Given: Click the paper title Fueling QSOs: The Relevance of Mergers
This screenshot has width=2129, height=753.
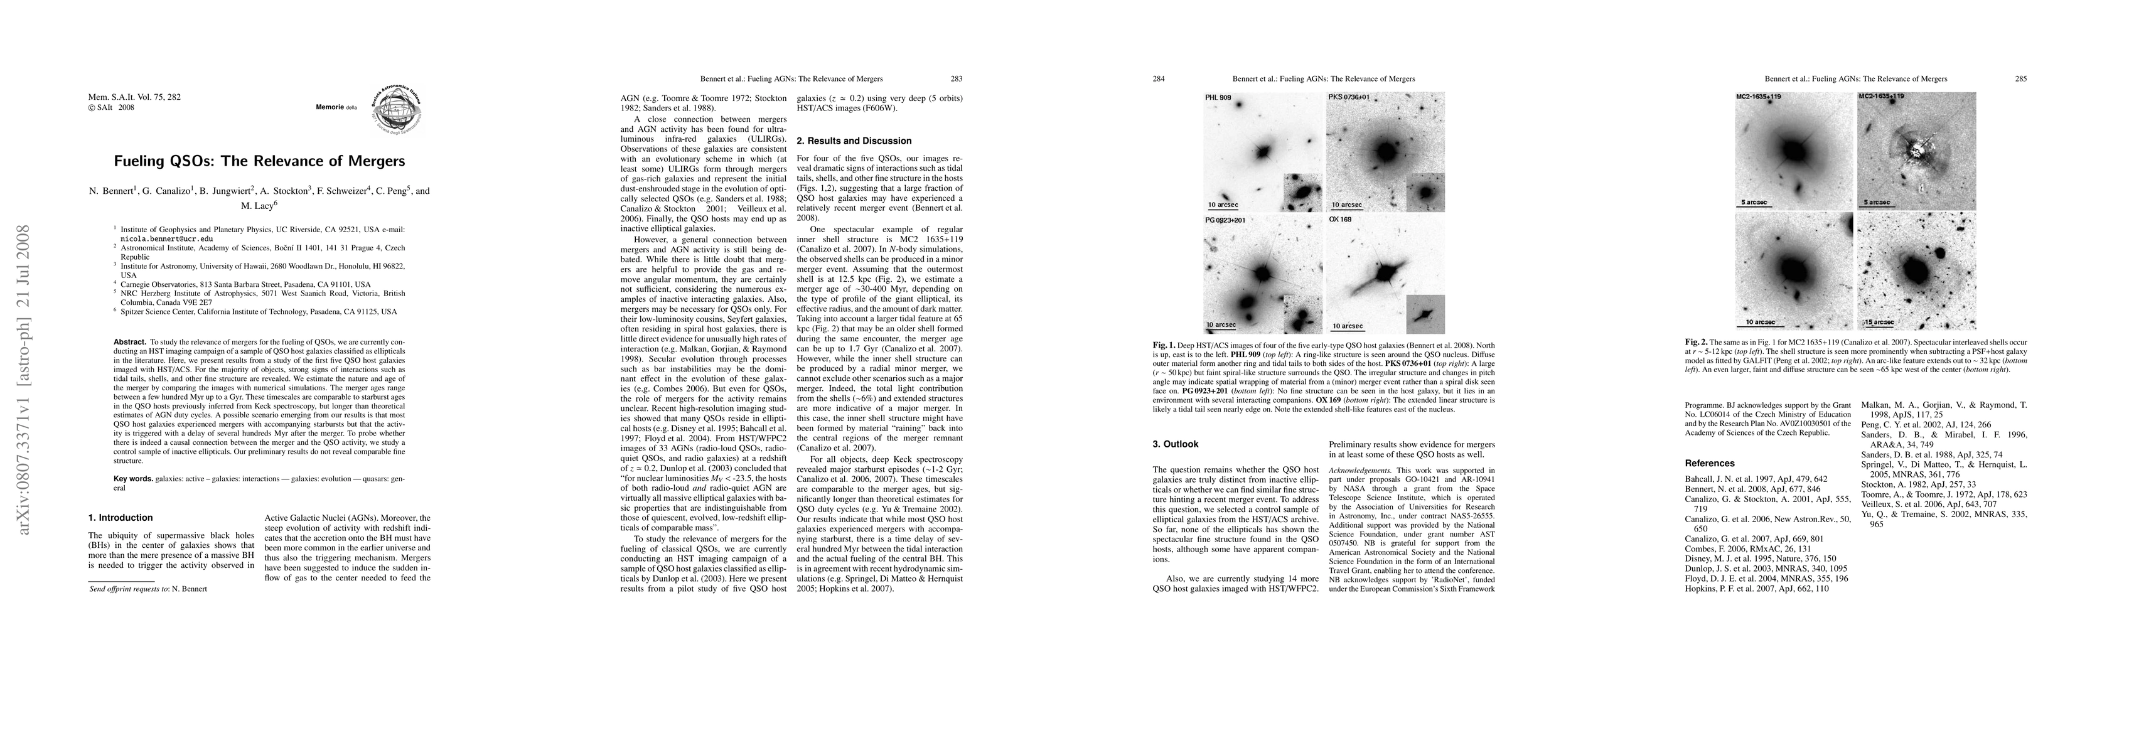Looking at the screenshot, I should pos(259,161).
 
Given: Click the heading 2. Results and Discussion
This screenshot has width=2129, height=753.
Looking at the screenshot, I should pos(854,141).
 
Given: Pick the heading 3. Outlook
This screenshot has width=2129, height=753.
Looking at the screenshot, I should pos(1175,444).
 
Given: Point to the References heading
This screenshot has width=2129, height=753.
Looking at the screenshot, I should pos(1709,463).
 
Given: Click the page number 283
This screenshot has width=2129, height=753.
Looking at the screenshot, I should pos(957,79).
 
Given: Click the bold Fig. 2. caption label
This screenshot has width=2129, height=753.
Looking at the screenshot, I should pos(1696,341).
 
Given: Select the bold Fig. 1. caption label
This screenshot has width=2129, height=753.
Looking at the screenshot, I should pos(1164,344).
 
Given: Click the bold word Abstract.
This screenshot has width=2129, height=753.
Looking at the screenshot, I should pos(130,341).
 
